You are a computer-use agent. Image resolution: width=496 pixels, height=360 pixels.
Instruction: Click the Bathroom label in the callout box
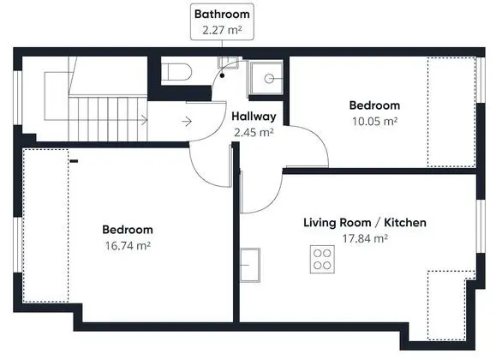pyautogui.click(x=222, y=15)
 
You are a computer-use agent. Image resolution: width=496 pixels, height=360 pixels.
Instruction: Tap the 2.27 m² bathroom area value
pyautogui.click(x=222, y=30)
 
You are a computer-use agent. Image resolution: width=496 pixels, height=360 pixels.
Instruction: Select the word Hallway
pyautogui.click(x=254, y=117)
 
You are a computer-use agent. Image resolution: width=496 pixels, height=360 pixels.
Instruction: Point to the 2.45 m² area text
pyautogui.click(x=254, y=132)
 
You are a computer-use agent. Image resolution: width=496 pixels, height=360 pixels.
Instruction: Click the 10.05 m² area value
pyautogui.click(x=375, y=121)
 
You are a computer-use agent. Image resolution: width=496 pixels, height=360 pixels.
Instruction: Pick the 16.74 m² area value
pyautogui.click(x=128, y=246)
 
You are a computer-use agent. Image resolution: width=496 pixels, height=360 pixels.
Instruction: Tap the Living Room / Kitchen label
pyautogui.click(x=365, y=223)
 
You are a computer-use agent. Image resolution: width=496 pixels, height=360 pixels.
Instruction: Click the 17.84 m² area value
pyautogui.click(x=365, y=238)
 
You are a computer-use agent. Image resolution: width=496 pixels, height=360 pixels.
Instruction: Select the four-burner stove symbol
pyautogui.click(x=322, y=260)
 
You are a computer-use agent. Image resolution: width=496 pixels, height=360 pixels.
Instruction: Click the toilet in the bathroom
pyautogui.click(x=176, y=72)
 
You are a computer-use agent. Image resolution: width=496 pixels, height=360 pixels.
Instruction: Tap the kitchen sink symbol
pyautogui.click(x=250, y=265)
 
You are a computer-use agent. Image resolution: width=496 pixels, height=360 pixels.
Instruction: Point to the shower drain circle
pyautogui.click(x=269, y=79)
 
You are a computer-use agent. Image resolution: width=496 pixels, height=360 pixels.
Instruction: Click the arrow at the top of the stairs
pyautogui.click(x=144, y=120)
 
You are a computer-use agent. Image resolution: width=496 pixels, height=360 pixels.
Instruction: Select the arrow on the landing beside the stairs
pyautogui.click(x=187, y=121)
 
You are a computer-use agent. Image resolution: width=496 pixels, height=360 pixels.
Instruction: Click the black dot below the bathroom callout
pyautogui.click(x=223, y=75)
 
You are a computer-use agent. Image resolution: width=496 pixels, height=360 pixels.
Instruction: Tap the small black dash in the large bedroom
pyautogui.click(x=74, y=161)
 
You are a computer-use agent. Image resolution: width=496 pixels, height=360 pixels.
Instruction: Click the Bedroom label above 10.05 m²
pyautogui.click(x=374, y=105)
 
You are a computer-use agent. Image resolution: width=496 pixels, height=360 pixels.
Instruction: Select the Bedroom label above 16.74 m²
pyautogui.click(x=128, y=230)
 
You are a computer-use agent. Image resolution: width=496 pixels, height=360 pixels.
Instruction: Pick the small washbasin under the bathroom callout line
pyautogui.click(x=228, y=63)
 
